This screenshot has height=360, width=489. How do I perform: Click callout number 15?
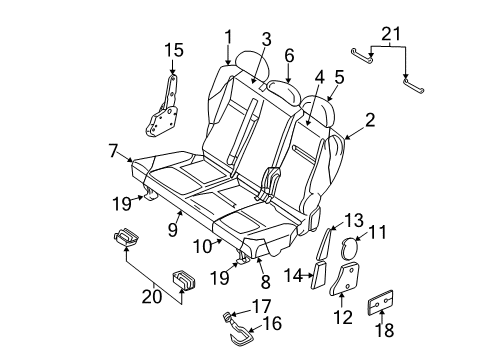pos(174,49)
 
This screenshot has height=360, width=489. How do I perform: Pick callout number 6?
pos(288,56)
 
